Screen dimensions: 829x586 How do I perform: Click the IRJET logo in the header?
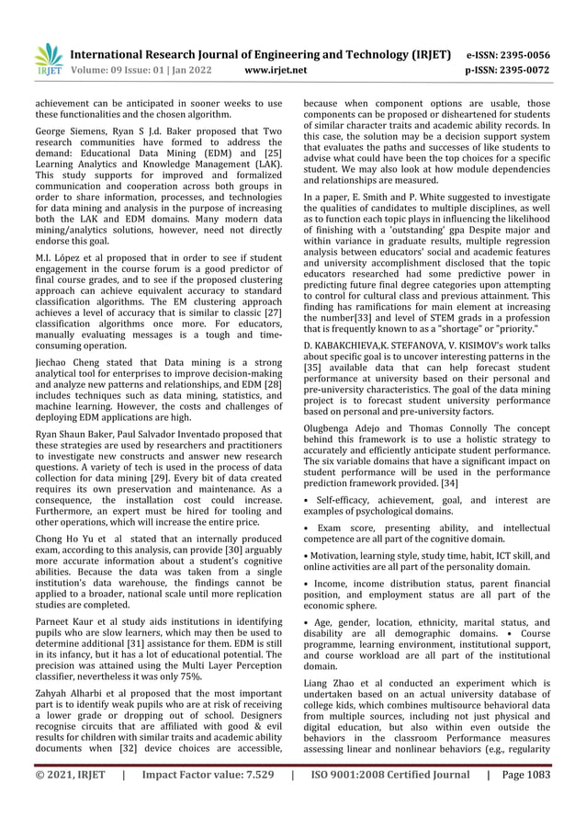(47, 59)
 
